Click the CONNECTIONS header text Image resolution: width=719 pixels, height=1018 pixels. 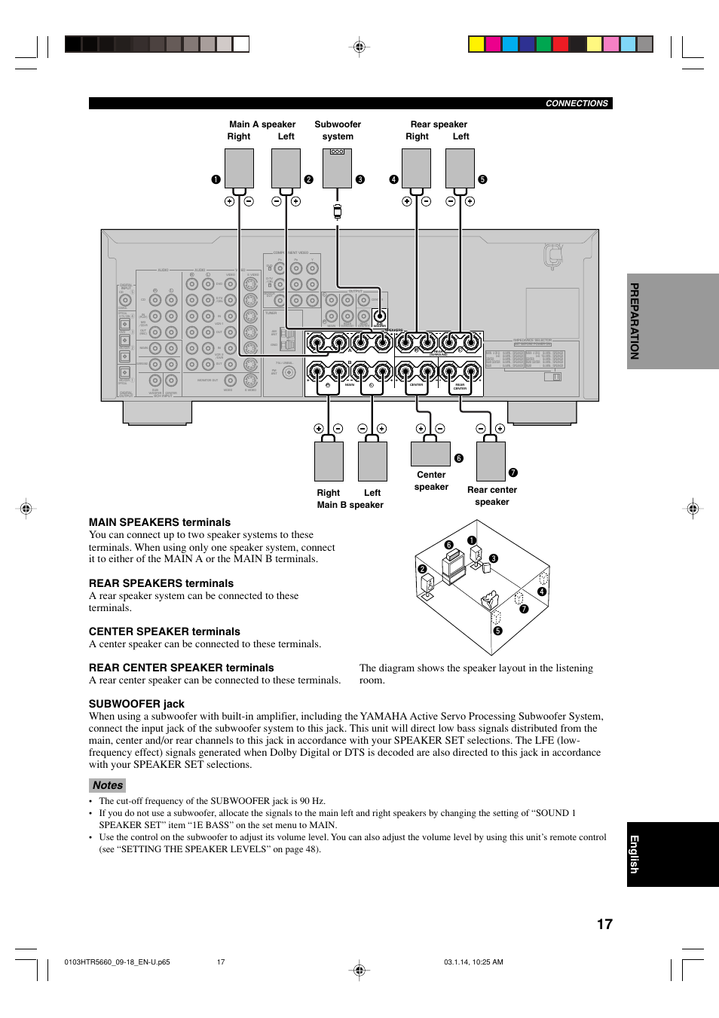point(576,104)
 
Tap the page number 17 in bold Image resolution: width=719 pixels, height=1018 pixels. point(604,925)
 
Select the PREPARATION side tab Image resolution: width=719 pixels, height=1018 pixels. point(635,321)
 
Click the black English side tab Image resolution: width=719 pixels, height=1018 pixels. point(635,854)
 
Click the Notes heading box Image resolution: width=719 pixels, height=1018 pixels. point(108,785)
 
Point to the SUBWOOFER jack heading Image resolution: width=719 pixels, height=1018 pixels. point(136,704)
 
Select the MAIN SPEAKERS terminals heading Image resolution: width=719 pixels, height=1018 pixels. point(160,522)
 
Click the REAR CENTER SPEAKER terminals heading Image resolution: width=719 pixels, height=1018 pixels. point(181,668)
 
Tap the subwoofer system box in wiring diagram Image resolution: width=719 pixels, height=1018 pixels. point(337,168)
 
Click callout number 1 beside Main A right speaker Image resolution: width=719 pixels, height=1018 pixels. point(216,179)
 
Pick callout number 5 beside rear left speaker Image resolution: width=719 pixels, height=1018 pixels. point(482,179)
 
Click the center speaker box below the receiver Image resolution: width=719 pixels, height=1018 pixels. point(430,454)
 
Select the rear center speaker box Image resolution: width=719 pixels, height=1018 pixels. point(491,461)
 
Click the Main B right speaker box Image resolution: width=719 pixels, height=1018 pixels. point(329,461)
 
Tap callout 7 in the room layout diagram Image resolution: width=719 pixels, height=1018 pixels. point(524,609)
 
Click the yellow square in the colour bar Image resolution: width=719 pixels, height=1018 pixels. point(476,44)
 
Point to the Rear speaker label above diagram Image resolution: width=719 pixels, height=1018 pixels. point(439,124)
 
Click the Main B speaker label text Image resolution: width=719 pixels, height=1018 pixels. point(350,505)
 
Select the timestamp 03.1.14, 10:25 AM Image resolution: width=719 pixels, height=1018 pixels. point(473,962)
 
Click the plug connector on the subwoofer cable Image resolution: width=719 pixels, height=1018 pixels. point(338,212)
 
